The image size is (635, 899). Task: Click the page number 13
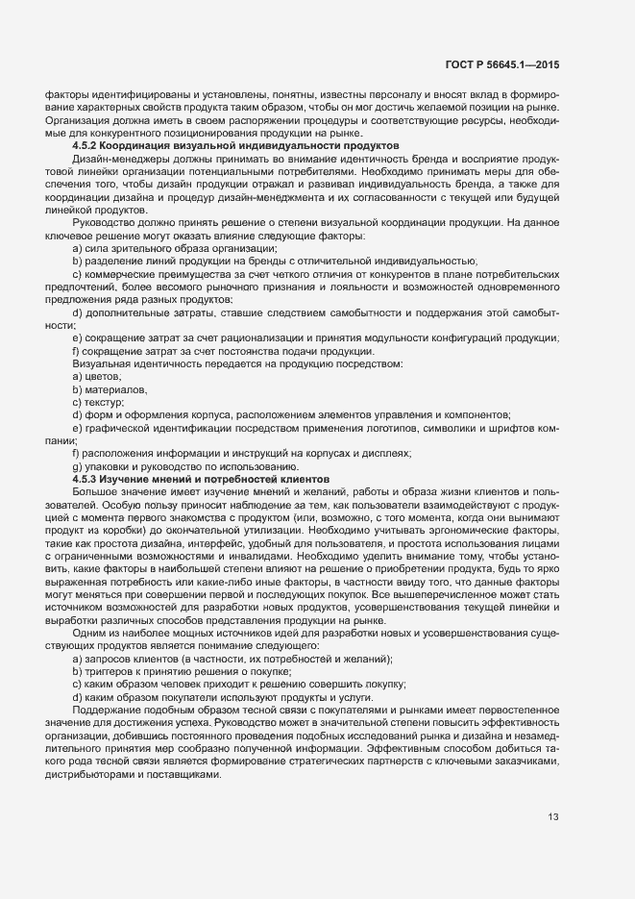pyautogui.click(x=553, y=818)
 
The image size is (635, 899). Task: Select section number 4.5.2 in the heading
pyautogui.click(x=88, y=145)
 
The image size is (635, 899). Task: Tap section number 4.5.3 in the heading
pyautogui.click(x=88, y=478)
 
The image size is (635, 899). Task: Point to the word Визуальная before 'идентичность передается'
pyautogui.click(x=105, y=364)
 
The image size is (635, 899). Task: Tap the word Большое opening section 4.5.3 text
pyautogui.click(x=97, y=490)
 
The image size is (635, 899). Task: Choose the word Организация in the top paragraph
pyautogui.click(x=64, y=120)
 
